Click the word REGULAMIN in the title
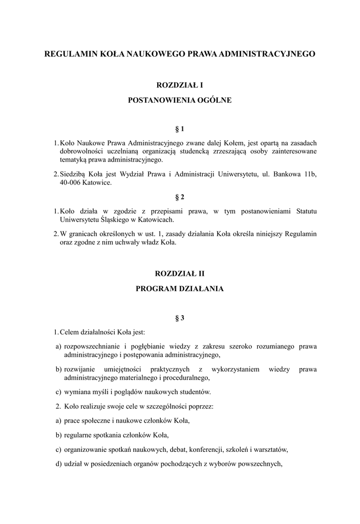point(70,53)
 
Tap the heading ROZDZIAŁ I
point(179,85)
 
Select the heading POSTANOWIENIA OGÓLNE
point(179,100)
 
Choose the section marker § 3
point(179,318)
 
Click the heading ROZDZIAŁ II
point(179,274)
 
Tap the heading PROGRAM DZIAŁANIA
point(179,289)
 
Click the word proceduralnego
point(185,378)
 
